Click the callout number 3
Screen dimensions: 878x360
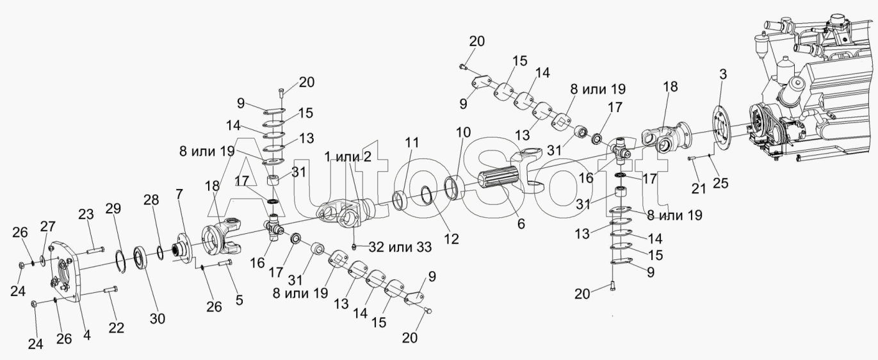coord(722,74)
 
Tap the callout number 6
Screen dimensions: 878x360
coord(521,224)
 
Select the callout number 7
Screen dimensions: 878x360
coord(179,194)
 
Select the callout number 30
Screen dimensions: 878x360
coord(158,318)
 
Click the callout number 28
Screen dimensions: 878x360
coord(151,201)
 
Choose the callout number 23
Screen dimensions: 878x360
coord(86,215)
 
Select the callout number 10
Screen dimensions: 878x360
coord(463,133)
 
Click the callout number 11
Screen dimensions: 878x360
coord(411,143)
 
